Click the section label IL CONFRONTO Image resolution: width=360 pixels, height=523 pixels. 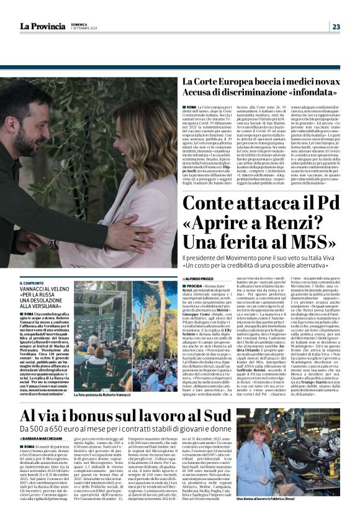tap(32, 283)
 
